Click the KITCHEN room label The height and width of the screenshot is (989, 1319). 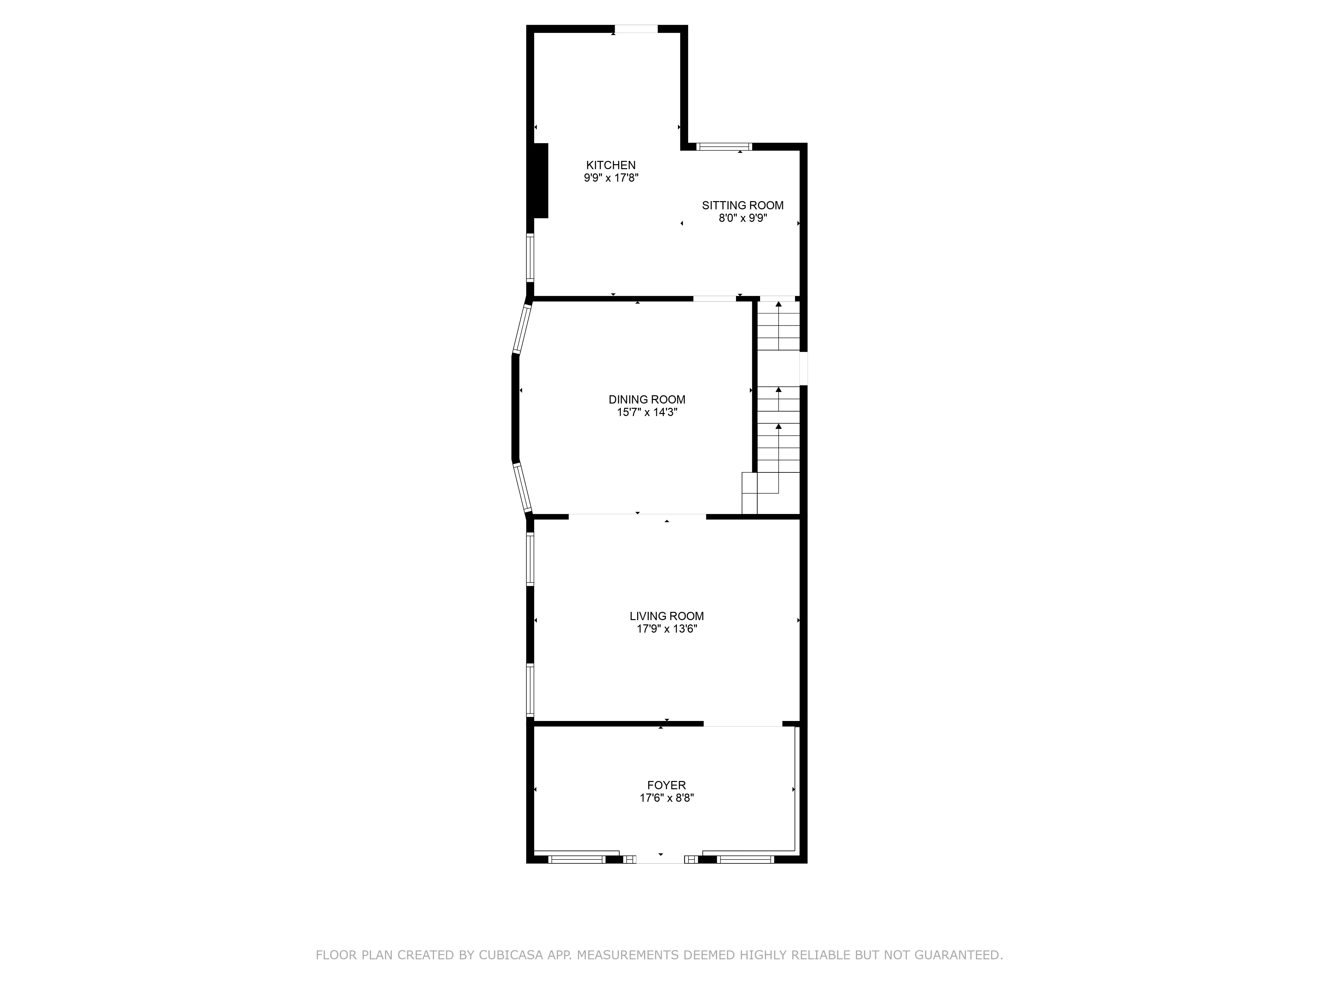pos(611,165)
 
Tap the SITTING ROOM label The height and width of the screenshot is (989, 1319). pos(742,205)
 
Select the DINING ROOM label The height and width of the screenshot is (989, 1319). pos(647,400)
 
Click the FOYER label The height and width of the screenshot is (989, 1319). pos(667,785)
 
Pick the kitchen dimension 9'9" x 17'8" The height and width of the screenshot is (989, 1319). pos(611,178)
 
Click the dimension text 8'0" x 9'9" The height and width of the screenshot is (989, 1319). pos(742,218)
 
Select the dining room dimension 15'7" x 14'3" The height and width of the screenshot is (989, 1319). pos(647,412)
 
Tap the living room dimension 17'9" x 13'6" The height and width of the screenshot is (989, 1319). pos(667,629)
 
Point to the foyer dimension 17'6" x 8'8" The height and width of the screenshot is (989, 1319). pos(667,798)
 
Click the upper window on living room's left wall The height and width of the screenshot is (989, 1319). pos(530,558)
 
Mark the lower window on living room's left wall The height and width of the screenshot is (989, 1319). pos(530,690)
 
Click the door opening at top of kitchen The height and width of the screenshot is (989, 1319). pos(636,29)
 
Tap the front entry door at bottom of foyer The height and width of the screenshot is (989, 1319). pos(661,859)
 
